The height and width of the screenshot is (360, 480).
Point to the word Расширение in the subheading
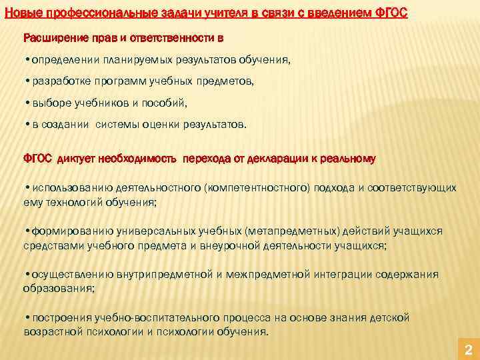(x=52, y=36)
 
